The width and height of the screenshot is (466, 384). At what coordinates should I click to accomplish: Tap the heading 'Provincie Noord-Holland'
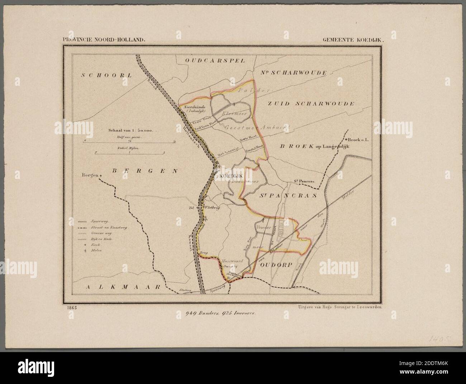pos(104,41)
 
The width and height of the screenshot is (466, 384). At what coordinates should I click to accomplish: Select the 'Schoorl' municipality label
pos(107,75)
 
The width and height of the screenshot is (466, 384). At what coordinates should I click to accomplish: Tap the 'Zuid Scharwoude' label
pos(311,103)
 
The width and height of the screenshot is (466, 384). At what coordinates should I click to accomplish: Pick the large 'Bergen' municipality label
pos(144,171)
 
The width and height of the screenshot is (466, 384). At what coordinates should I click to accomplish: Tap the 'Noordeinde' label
pos(194,107)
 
